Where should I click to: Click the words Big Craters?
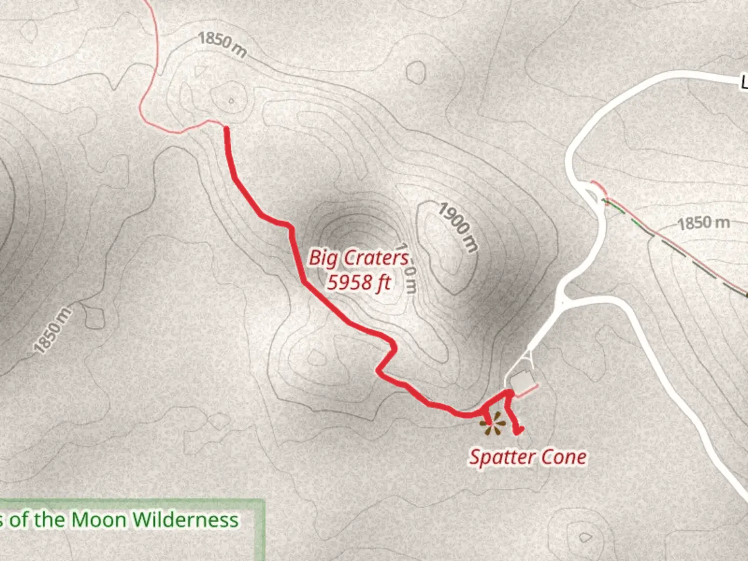[358, 258]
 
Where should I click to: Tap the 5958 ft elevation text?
[358, 283]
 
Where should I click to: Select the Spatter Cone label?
[528, 457]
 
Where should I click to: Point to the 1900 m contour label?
[457, 227]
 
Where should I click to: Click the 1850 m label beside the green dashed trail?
[704, 223]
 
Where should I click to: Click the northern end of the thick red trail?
[226, 128]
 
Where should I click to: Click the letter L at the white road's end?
[744, 83]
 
